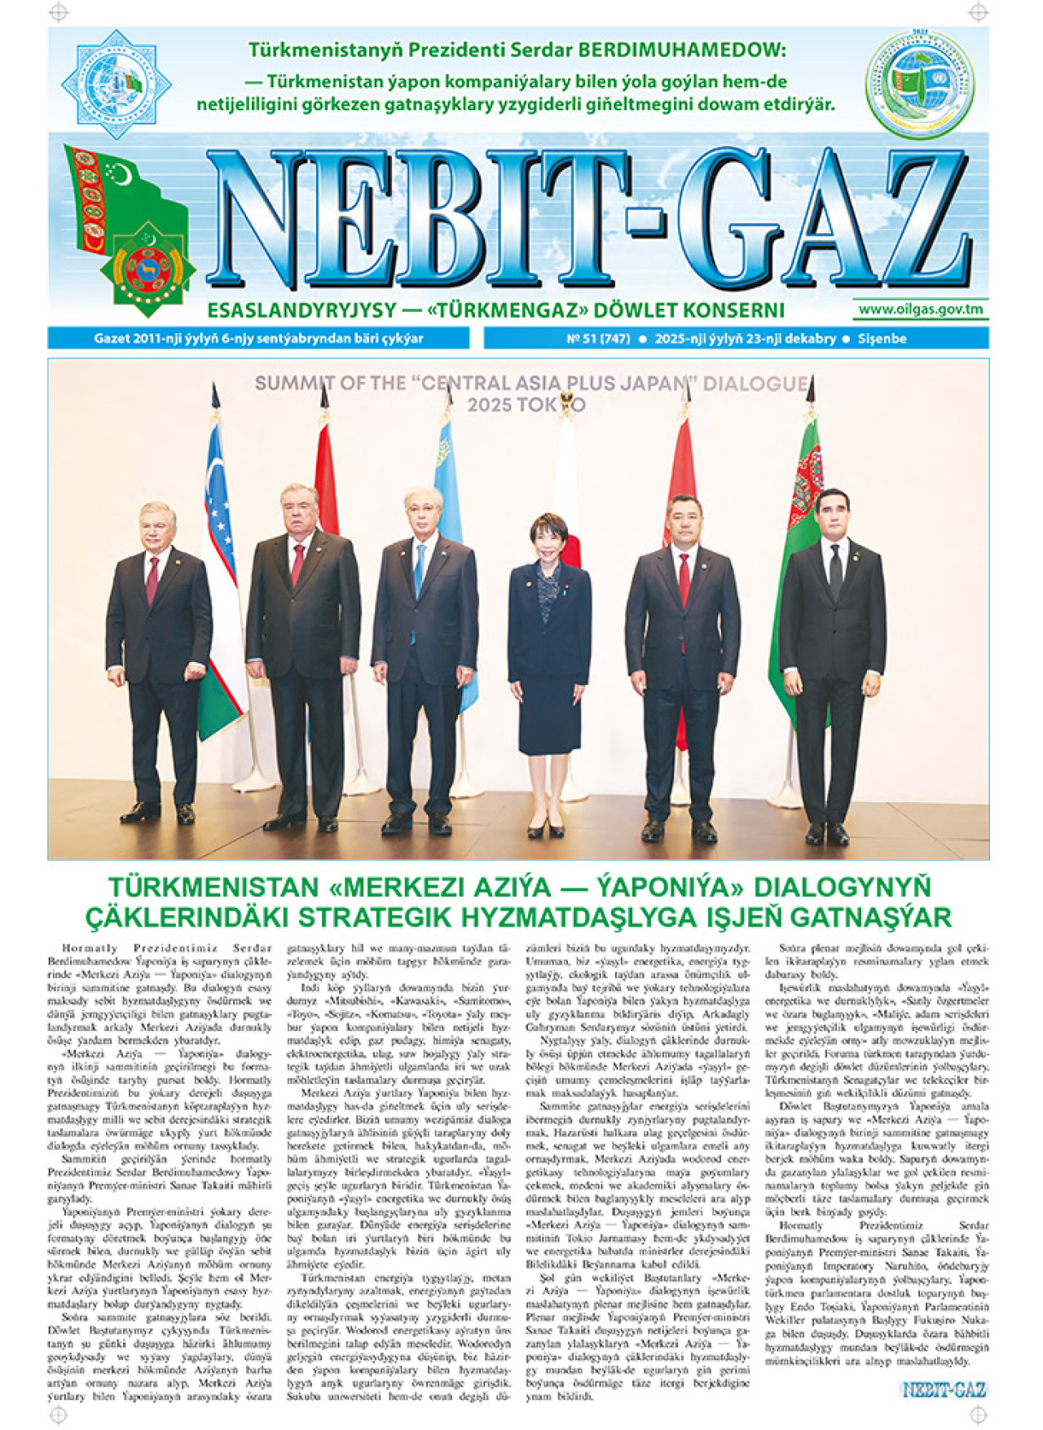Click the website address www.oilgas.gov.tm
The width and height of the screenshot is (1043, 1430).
click(920, 309)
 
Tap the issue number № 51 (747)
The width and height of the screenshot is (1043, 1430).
click(598, 339)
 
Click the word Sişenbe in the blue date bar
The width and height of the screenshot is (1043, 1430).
click(882, 339)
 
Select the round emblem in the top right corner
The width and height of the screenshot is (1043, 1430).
click(920, 84)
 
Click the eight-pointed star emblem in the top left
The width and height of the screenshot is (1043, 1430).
click(116, 84)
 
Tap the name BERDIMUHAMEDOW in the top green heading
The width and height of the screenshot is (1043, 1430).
click(680, 50)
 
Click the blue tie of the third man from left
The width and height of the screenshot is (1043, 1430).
click(419, 570)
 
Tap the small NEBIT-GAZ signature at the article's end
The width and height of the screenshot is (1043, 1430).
click(944, 1390)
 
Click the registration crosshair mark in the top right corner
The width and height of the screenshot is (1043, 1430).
click(978, 12)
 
